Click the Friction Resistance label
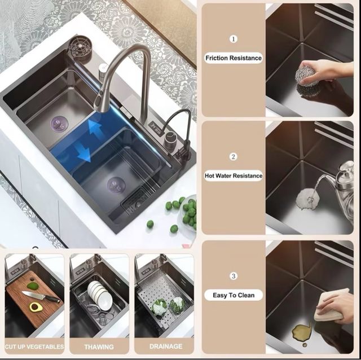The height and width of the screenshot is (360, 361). point(234,58)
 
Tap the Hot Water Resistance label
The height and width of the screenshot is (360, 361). point(234,175)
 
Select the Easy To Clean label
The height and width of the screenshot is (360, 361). point(234,295)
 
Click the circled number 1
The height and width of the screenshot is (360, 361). point(234,39)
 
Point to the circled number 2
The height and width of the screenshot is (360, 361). point(233,157)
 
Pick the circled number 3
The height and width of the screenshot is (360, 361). point(234,276)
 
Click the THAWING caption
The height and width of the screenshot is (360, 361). point(99,346)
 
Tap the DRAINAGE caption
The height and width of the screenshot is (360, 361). point(166,346)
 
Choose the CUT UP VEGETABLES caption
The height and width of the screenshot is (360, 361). point(34,346)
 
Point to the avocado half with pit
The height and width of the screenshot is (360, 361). point(36,307)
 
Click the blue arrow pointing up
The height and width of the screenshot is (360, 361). point(95,130)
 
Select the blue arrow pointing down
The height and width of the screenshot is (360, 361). point(84,152)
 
